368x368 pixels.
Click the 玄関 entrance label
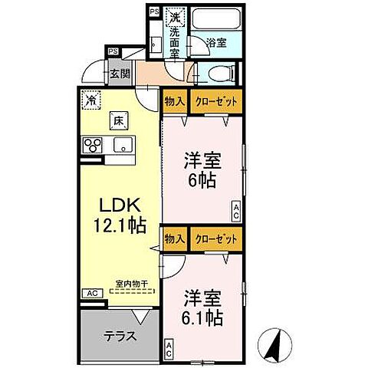click(x=120, y=74)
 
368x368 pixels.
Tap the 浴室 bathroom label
click(x=217, y=44)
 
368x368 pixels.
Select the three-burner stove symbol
click(x=93, y=145)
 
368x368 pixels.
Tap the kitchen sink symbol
click(x=121, y=144)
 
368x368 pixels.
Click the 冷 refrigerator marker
click(x=91, y=100)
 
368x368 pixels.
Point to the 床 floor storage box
click(x=120, y=120)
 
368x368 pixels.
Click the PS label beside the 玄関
click(x=113, y=51)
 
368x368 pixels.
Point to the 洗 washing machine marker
click(x=175, y=17)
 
